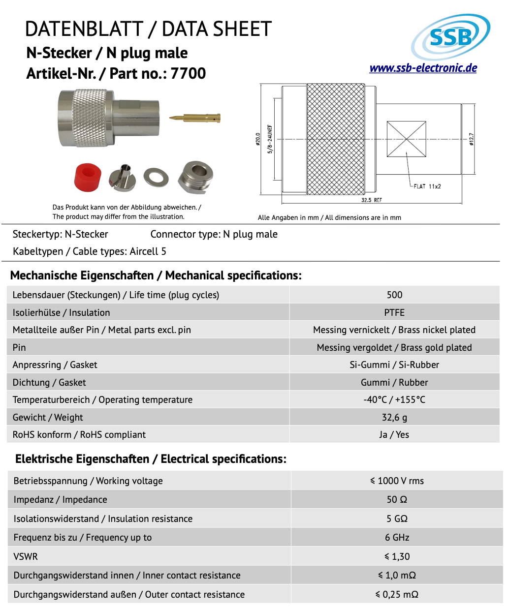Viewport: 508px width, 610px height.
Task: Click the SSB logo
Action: pyautogui.click(x=450, y=36)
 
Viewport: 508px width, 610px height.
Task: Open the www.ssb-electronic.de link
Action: pyautogui.click(x=423, y=68)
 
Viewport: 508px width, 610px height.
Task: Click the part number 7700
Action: pyautogui.click(x=188, y=73)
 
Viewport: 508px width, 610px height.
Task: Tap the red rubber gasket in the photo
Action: pyautogui.click(x=88, y=177)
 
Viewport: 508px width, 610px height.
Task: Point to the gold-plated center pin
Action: pyautogui.click(x=195, y=118)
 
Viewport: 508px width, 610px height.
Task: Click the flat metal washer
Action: pyautogui.click(x=156, y=177)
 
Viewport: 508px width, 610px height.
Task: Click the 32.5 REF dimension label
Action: pyautogui.click(x=371, y=200)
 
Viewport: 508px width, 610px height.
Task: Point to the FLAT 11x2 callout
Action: pyautogui.click(x=427, y=186)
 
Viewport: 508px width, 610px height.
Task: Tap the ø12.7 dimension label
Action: pyautogui.click(x=471, y=140)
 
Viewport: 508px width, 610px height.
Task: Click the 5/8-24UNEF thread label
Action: pyautogui.click(x=270, y=139)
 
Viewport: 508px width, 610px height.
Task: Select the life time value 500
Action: pyautogui.click(x=394, y=295)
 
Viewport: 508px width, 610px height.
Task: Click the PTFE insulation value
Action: pyautogui.click(x=394, y=312)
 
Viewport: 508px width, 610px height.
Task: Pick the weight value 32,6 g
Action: pyautogui.click(x=394, y=417)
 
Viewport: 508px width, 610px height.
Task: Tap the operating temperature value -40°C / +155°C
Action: pyautogui.click(x=394, y=399)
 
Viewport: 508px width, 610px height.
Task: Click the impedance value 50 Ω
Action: pyautogui.click(x=397, y=499)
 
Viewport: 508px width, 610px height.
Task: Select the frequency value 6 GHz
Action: pyautogui.click(x=397, y=537)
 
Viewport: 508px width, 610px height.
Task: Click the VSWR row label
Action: pyautogui.click(x=26, y=556)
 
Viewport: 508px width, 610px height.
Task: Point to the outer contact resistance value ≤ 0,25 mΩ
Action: pyautogui.click(x=397, y=594)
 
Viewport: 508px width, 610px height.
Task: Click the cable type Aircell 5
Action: pyautogui.click(x=148, y=251)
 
